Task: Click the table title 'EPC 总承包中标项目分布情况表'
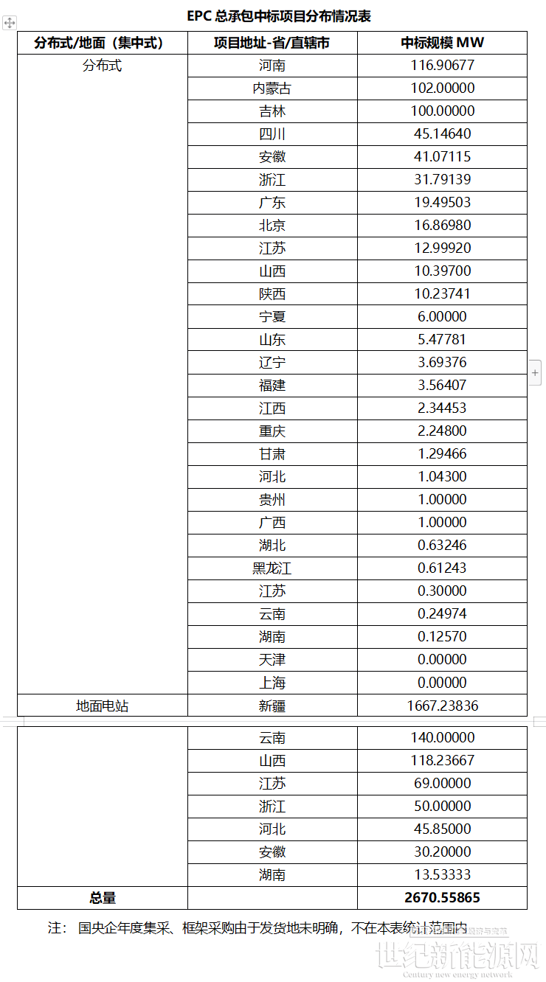274,15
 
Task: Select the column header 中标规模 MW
442,43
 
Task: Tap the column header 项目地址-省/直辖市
272,43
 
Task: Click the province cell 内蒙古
272,88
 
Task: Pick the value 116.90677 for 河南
442,66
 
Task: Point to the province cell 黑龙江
272,568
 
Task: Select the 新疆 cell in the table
272,706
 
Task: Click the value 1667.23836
442,706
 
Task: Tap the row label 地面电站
103,706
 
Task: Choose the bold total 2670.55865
442,897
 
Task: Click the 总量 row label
103,897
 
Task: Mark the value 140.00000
442,737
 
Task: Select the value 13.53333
442,874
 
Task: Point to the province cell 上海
272,683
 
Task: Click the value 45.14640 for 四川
442,134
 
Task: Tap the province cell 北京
272,226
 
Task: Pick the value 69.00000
442,783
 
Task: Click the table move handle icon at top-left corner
9,24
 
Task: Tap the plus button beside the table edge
536,373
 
